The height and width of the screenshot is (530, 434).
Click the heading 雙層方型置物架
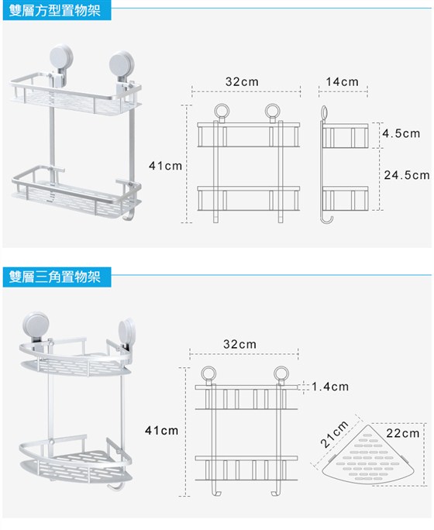(x=55, y=11)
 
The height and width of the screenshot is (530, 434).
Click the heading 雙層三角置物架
(x=55, y=277)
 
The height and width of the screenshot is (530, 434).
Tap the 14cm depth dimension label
(x=342, y=81)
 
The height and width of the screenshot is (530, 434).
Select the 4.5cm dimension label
(x=401, y=133)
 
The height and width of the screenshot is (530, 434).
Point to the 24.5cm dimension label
(x=407, y=175)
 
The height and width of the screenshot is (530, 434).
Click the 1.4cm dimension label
(x=330, y=387)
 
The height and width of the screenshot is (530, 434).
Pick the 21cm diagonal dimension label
(x=335, y=434)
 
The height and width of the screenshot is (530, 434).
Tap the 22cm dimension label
(x=402, y=433)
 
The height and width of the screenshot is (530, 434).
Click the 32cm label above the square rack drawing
(x=242, y=81)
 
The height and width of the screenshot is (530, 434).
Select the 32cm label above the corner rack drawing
(x=239, y=344)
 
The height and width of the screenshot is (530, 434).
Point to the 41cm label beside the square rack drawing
(x=165, y=166)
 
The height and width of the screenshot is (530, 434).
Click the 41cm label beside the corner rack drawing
(x=161, y=430)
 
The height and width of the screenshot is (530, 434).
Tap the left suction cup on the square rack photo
(x=60, y=57)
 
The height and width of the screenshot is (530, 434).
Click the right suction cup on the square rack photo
(x=122, y=64)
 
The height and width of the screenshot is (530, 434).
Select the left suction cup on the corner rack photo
(x=36, y=325)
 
